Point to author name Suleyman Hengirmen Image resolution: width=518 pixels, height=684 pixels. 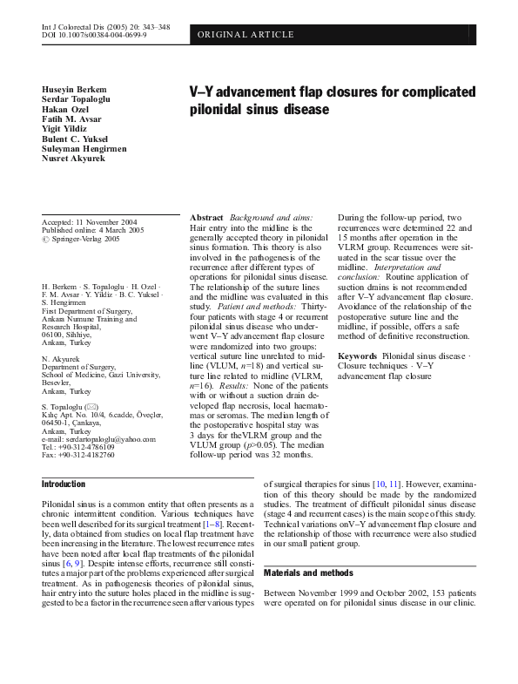pos(84,149)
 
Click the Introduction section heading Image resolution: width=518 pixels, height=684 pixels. pos(64,484)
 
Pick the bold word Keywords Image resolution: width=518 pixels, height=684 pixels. pos(357,356)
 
